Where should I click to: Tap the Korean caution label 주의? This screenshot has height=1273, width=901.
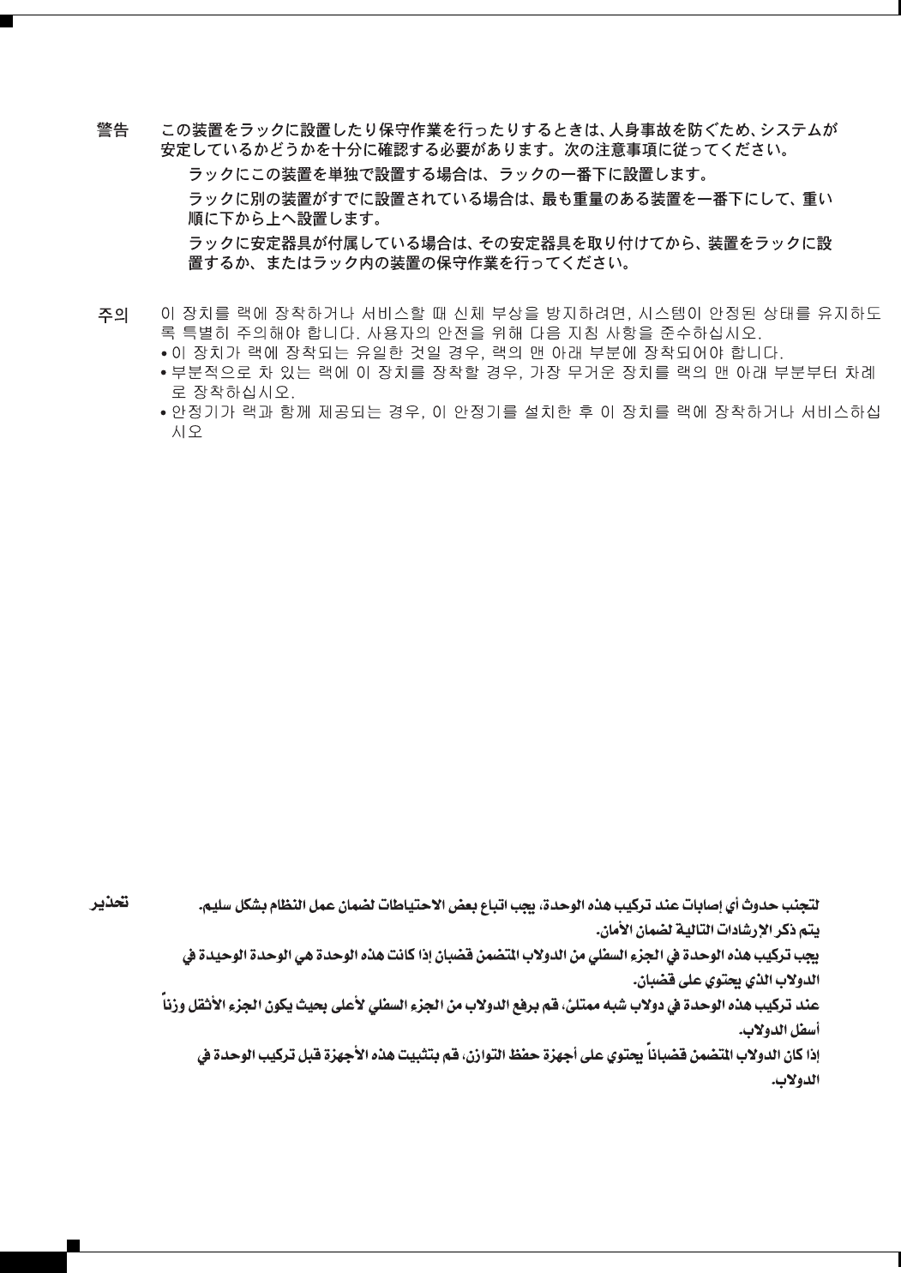112,315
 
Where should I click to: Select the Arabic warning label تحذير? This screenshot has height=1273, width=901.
111,903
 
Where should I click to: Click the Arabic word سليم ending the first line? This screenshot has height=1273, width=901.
802,905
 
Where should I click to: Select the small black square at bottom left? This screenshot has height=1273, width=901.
72,1244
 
